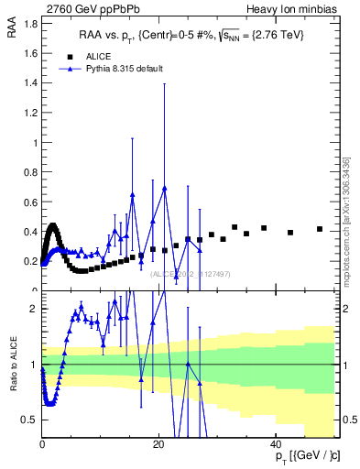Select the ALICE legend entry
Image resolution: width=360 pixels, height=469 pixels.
(x=100, y=55)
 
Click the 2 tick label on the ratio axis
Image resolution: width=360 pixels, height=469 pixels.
(x=34, y=309)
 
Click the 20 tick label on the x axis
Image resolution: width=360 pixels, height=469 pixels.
(x=158, y=444)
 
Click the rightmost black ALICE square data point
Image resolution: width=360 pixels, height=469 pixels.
(x=320, y=229)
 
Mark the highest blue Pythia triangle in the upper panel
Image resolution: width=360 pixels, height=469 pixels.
(x=165, y=188)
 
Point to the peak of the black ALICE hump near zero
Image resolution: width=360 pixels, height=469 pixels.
(x=53, y=225)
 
